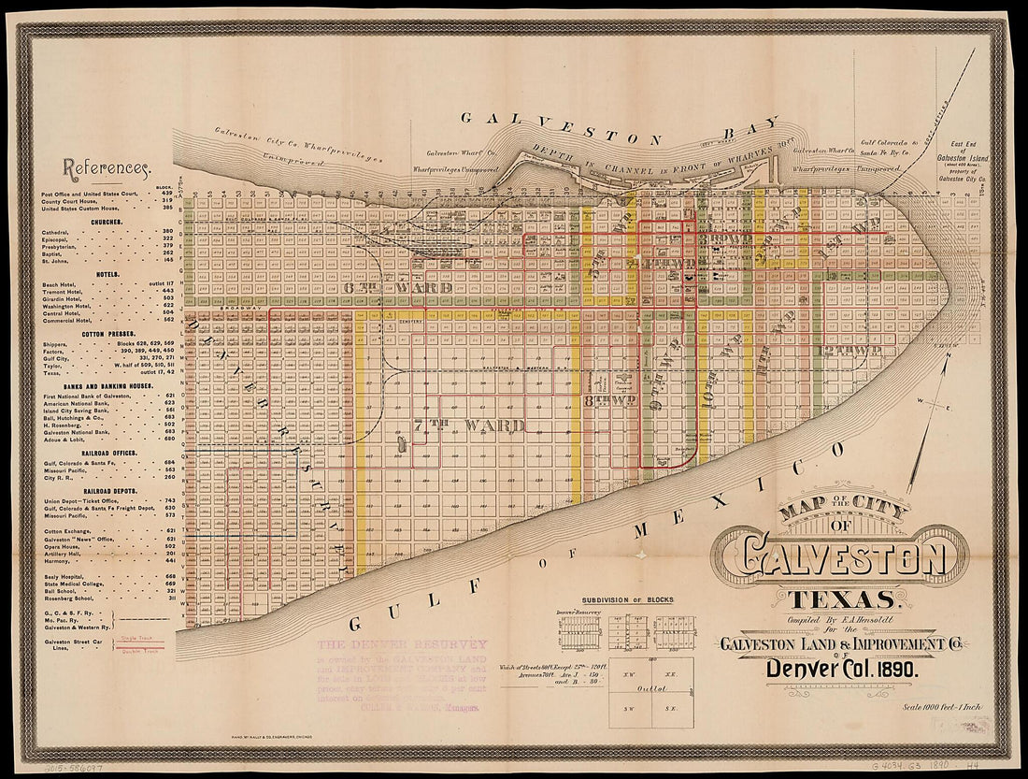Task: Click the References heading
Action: (106, 168)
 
